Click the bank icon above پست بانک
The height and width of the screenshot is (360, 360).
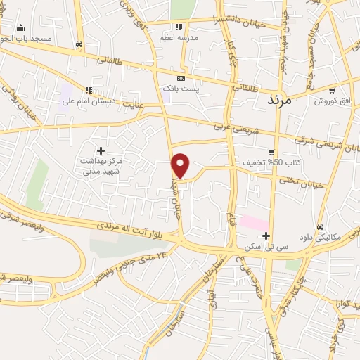[x=181, y=77]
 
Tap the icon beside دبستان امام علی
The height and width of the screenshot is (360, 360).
[x=89, y=90]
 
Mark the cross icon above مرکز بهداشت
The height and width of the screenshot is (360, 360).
[x=101, y=150]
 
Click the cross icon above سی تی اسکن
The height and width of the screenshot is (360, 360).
[x=266, y=236]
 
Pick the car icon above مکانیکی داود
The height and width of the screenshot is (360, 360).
[x=321, y=226]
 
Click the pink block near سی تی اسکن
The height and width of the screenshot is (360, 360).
[x=253, y=222]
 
